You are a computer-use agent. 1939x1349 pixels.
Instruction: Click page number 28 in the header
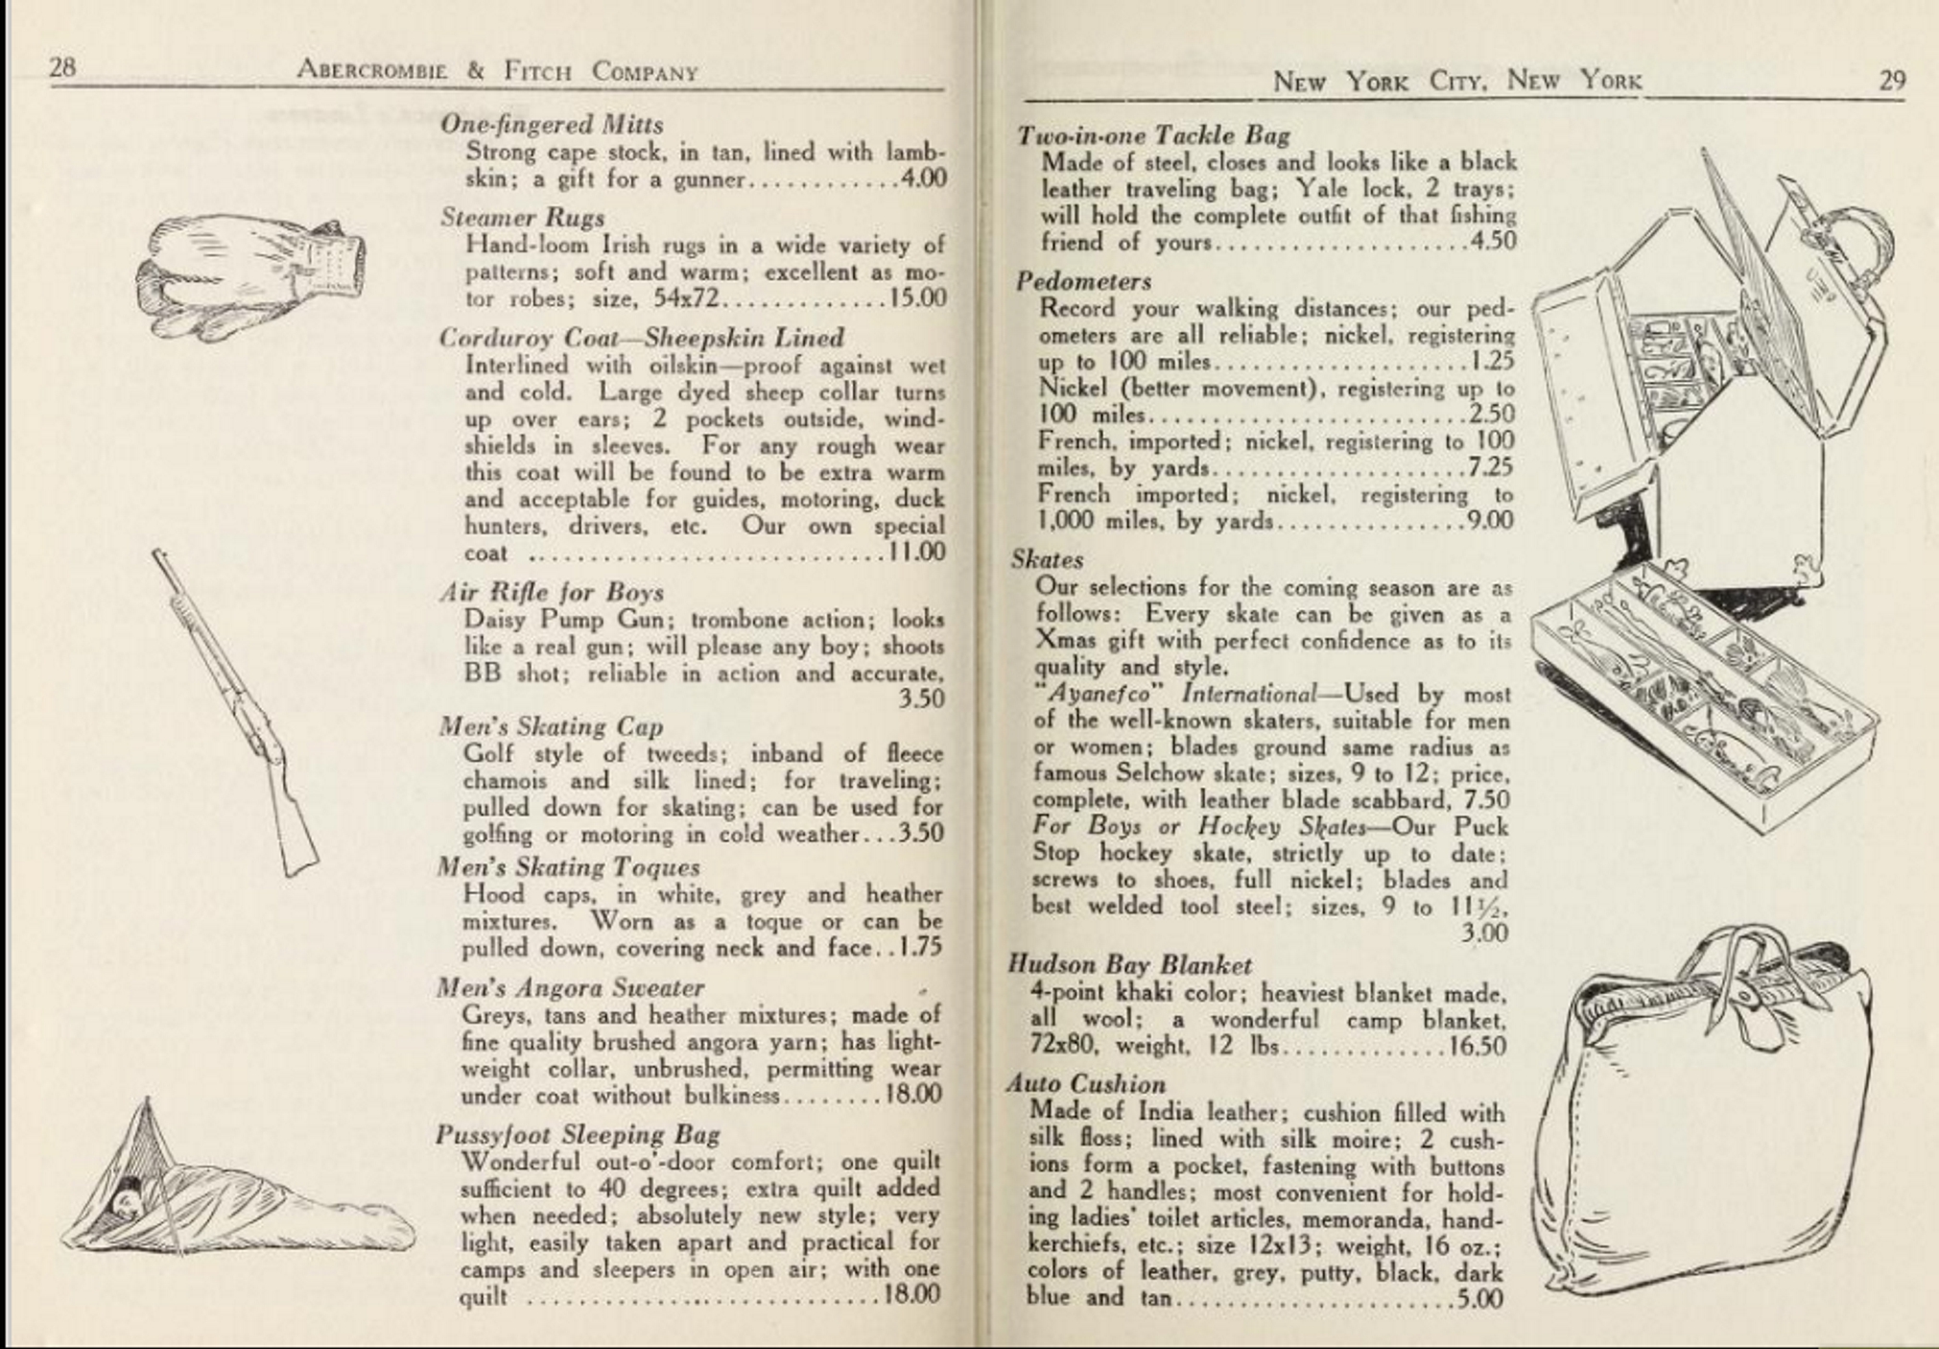point(62,66)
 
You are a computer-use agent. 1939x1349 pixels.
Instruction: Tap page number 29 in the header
point(1891,80)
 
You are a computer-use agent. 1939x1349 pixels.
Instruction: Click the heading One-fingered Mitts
point(552,125)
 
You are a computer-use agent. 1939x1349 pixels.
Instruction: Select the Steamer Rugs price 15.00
point(917,298)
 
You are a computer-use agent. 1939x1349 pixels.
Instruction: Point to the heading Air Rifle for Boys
point(552,592)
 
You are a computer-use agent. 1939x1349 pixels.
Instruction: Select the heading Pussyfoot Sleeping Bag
point(578,1134)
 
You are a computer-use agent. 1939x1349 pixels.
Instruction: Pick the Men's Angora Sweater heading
point(570,987)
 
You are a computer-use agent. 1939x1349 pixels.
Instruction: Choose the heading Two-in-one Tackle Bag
point(1153,135)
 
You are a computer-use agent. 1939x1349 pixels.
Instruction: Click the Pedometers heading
point(1083,281)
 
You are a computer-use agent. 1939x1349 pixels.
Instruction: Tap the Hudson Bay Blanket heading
point(1129,964)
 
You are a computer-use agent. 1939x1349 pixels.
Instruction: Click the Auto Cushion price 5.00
point(1478,1298)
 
